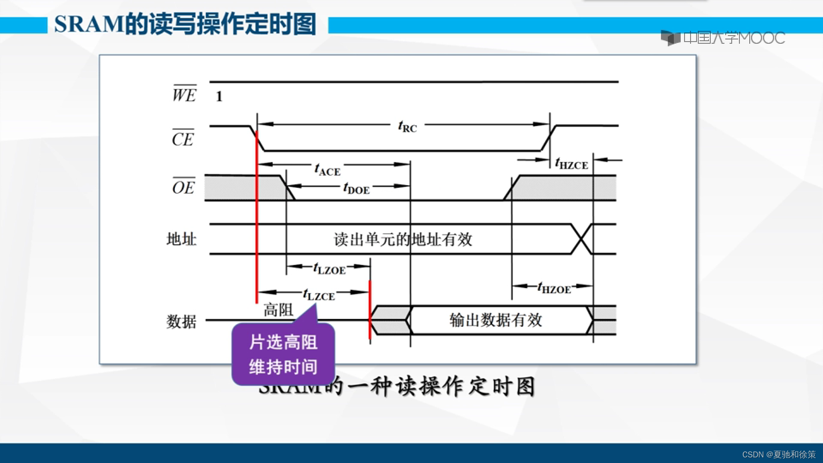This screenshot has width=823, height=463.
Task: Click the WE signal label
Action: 184,94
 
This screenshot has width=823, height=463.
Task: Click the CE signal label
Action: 183,138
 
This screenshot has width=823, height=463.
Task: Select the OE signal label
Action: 183,187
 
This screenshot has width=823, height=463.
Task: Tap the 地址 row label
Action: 181,239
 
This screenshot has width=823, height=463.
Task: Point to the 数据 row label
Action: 181,321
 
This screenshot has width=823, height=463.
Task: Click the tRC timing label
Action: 407,126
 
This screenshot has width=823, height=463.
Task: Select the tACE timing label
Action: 327,170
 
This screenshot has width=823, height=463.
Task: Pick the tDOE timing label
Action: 356,188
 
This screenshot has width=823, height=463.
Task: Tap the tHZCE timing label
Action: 571,164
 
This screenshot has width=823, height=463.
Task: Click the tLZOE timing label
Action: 329,269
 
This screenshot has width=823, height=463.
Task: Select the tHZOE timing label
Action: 554,288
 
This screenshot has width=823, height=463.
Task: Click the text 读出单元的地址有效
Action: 403,239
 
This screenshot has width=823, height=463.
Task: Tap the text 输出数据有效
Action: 496,320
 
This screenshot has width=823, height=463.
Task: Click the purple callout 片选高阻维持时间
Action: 283,355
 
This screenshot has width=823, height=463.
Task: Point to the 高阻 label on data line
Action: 278,310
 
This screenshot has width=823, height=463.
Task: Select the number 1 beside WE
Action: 219,96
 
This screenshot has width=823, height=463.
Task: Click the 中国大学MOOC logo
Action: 723,38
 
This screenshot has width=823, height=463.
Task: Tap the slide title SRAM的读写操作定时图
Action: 185,24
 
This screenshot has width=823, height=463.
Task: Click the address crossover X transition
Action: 582,239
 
